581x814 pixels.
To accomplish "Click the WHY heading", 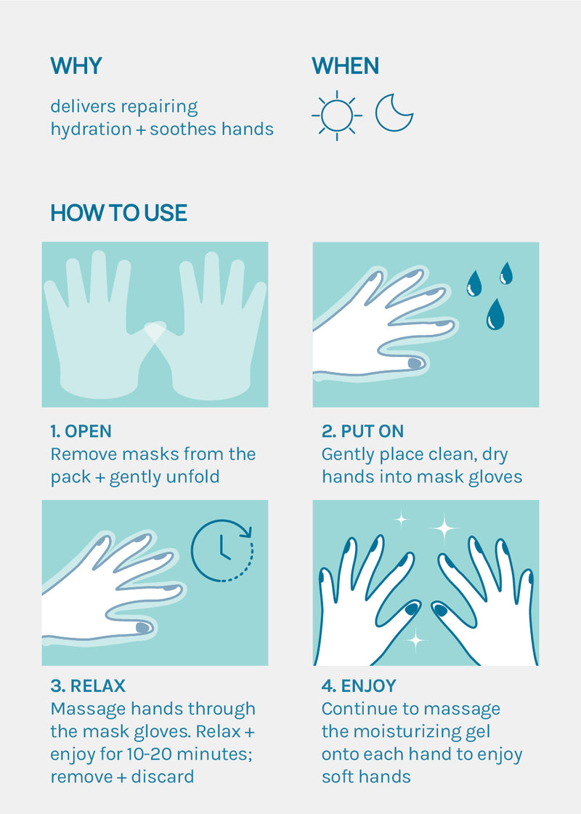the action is tap(76, 66).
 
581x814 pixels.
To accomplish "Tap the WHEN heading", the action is tap(346, 66).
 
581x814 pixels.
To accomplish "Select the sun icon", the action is tap(337, 116).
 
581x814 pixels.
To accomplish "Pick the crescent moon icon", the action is tap(394, 113).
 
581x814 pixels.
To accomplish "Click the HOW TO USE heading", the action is tap(119, 213).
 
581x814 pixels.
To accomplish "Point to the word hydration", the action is tap(91, 129).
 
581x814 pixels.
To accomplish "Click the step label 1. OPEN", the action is tap(81, 432).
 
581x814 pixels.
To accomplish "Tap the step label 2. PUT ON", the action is tap(362, 432).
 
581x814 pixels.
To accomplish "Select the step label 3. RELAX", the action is tap(88, 686).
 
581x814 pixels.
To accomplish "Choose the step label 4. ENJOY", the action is tap(359, 686).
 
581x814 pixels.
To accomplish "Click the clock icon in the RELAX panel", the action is tap(222, 550).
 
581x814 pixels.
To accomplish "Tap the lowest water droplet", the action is tap(495, 314).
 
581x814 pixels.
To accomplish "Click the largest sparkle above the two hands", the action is tap(444, 528).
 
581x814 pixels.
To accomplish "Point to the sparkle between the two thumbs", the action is tap(415, 641).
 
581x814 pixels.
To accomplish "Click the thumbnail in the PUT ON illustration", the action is tap(415, 363).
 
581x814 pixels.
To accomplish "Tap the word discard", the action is tap(163, 777).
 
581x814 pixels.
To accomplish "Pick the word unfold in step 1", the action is tap(192, 477).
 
